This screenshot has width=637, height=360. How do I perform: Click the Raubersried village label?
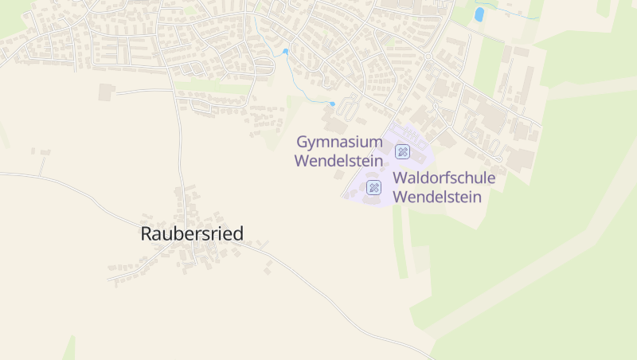pyautogui.click(x=192, y=233)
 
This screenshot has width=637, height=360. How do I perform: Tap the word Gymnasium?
pyautogui.click(x=339, y=142)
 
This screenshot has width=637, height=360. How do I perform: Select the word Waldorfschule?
pyautogui.click(x=444, y=178)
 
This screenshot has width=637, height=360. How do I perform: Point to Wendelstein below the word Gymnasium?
pyautogui.click(x=338, y=161)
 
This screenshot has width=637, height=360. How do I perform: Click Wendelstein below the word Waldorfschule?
pyautogui.click(x=437, y=197)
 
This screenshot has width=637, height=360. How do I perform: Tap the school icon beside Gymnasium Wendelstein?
pyautogui.click(x=403, y=151)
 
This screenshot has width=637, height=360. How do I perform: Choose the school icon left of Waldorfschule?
pyautogui.click(x=373, y=187)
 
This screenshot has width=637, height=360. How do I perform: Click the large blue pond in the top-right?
pyautogui.click(x=479, y=14)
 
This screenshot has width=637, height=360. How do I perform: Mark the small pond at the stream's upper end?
pyautogui.click(x=285, y=52)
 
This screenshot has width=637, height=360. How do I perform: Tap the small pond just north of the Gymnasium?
pyautogui.click(x=332, y=104)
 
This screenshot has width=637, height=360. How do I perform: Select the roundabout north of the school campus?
pyautogui.click(x=428, y=57)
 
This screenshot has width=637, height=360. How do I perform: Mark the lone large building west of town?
pyautogui.click(x=107, y=92)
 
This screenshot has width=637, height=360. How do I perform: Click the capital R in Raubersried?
pyautogui.click(x=147, y=233)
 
